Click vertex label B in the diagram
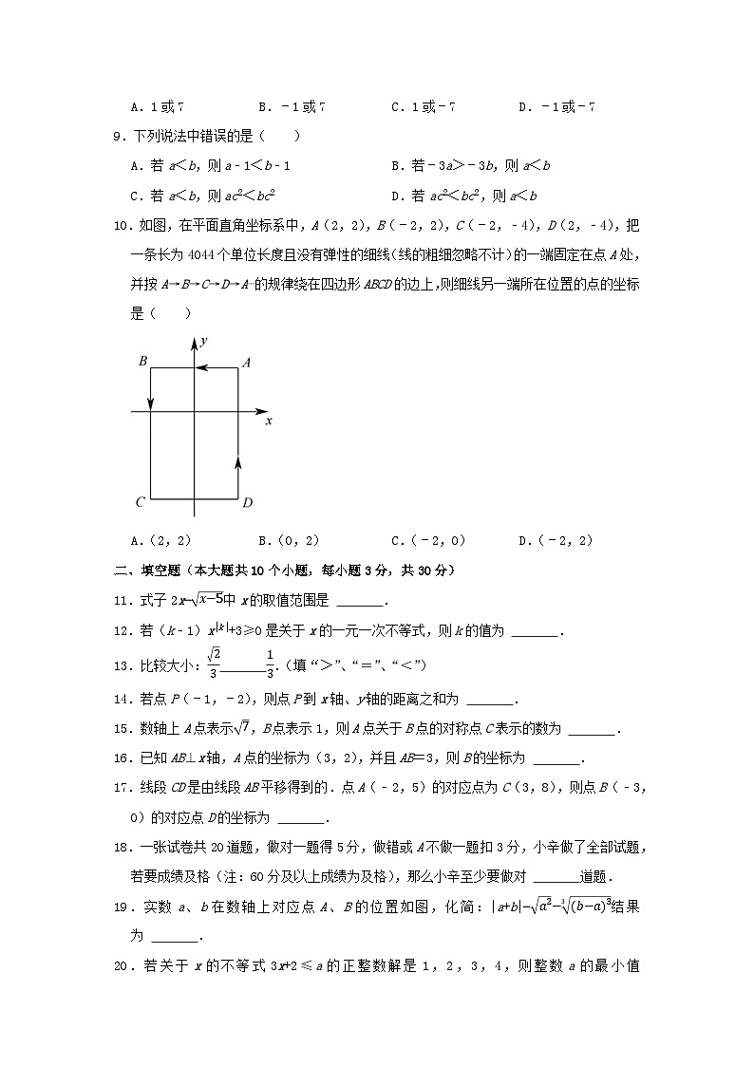click(x=142, y=362)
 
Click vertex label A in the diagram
click(x=246, y=362)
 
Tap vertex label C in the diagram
click(x=140, y=502)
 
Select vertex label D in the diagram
click(x=247, y=502)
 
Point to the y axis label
click(x=204, y=340)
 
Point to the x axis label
click(x=269, y=421)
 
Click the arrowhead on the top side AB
click(x=212, y=367)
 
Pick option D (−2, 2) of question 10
click(x=556, y=541)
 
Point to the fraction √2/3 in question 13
click(x=214, y=664)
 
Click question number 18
click(x=120, y=847)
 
